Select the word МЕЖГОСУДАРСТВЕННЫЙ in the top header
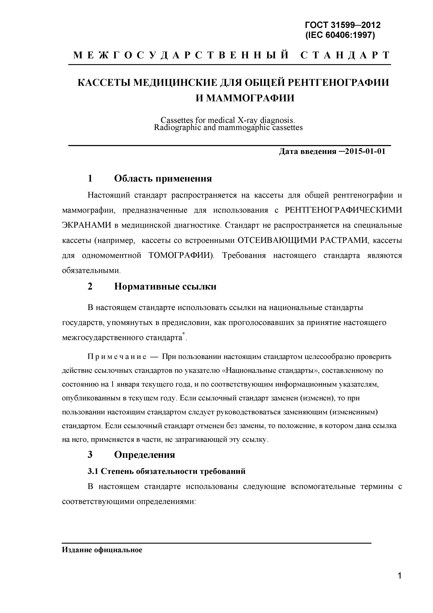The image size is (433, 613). coord(181,55)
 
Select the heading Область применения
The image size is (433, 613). coord(163,178)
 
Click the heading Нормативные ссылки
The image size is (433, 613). coord(165,286)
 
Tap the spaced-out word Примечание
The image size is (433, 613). coord(117,357)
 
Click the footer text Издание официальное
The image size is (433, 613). coord(102,550)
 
